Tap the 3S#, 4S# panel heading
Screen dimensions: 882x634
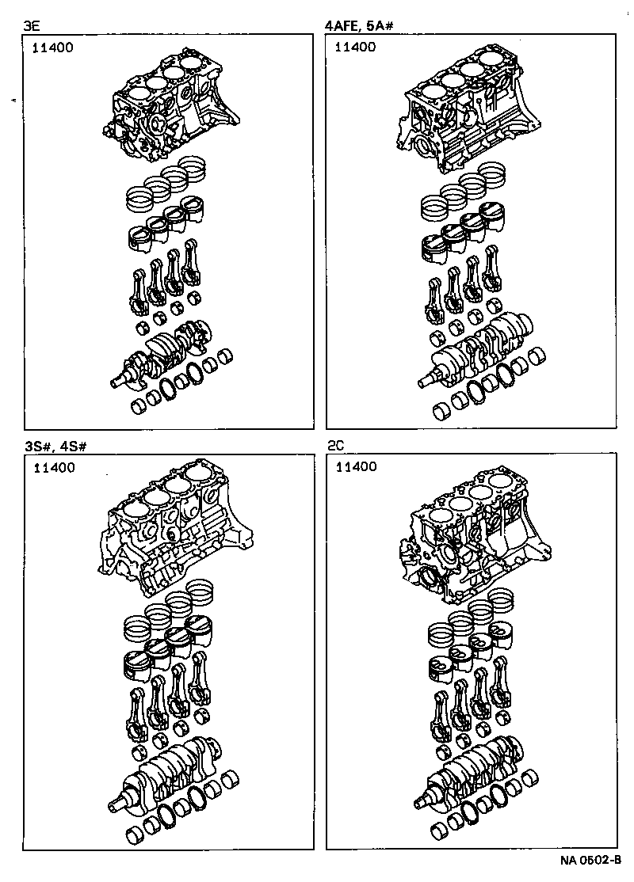click(x=55, y=447)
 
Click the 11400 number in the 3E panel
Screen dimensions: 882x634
click(x=52, y=48)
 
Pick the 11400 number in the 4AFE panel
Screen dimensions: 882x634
click(x=355, y=48)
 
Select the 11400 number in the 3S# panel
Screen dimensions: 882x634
click(x=52, y=468)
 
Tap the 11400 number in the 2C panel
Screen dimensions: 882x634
click(x=355, y=468)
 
